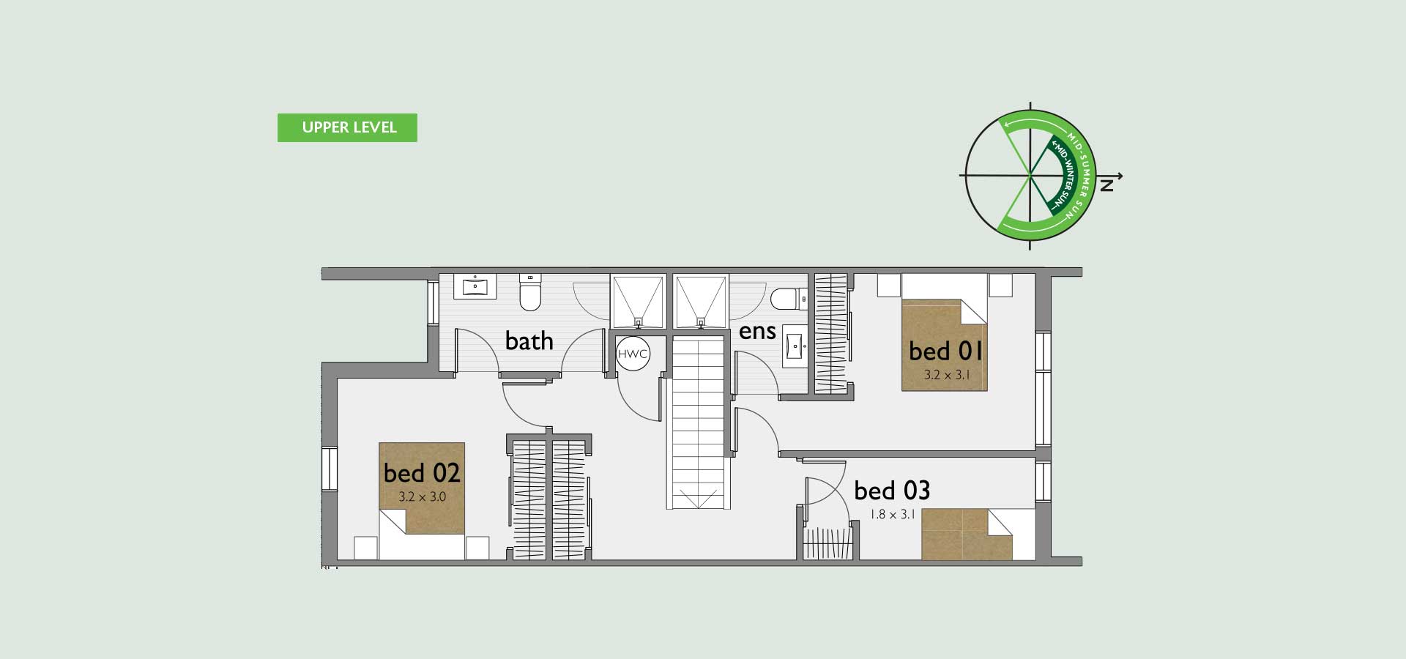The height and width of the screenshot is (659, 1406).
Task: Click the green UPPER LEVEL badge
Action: pyautogui.click(x=347, y=127)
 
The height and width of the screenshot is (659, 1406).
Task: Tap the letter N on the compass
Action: pyautogui.click(x=1107, y=185)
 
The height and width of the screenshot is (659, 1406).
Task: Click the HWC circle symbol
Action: pyautogui.click(x=633, y=354)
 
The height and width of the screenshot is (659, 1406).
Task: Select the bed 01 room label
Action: pyautogui.click(x=945, y=351)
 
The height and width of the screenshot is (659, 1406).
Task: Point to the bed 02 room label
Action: pyautogui.click(x=422, y=472)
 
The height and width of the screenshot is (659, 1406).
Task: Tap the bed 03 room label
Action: pyautogui.click(x=892, y=490)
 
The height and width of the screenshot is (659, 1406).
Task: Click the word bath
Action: pyautogui.click(x=529, y=340)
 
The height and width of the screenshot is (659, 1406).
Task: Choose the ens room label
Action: pyautogui.click(x=757, y=332)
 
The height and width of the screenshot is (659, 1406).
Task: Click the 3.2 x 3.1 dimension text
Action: pyautogui.click(x=946, y=375)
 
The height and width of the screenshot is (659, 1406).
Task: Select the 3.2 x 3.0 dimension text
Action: pyautogui.click(x=423, y=496)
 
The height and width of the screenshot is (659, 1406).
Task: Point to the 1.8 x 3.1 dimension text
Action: pyautogui.click(x=893, y=514)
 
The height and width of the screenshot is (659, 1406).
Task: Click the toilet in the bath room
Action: pyautogui.click(x=529, y=291)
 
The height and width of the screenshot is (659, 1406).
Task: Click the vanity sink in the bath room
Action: pyautogui.click(x=475, y=286)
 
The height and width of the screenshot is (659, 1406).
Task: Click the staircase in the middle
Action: pyautogui.click(x=699, y=420)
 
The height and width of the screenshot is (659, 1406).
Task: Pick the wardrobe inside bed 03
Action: pyautogui.click(x=830, y=543)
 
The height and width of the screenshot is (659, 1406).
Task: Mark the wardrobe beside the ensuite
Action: pyautogui.click(x=830, y=333)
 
